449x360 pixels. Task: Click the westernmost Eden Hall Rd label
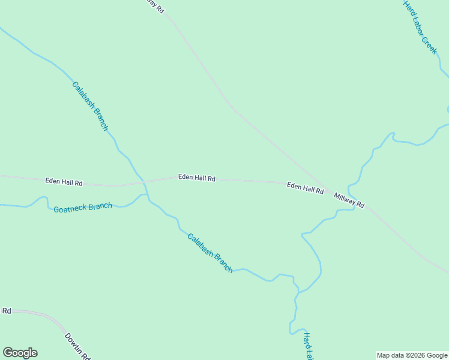click(x=64, y=182)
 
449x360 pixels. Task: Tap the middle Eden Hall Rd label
click(x=196, y=178)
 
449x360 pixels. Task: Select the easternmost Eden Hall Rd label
click(x=305, y=188)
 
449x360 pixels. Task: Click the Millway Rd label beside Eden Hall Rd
click(x=349, y=200)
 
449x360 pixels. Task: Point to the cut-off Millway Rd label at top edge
click(x=154, y=6)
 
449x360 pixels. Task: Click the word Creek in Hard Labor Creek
click(x=429, y=45)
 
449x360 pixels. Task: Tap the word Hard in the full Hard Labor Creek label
click(x=410, y=8)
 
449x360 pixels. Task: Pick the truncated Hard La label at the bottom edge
click(x=308, y=346)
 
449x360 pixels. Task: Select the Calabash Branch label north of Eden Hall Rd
click(x=90, y=106)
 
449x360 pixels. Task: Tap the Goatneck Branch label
click(x=82, y=208)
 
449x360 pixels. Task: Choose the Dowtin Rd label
click(x=77, y=346)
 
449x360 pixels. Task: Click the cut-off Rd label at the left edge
click(x=7, y=311)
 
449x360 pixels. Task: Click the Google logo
click(x=20, y=353)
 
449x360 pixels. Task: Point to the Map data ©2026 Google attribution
click(x=412, y=355)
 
